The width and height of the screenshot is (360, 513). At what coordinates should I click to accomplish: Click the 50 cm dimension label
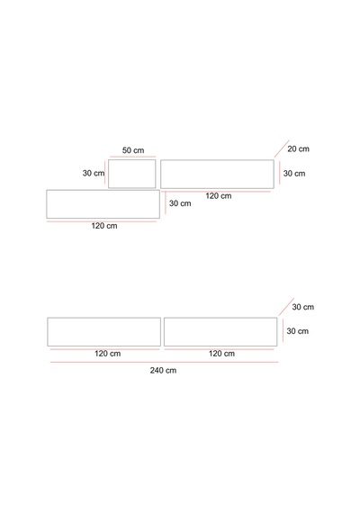(133, 150)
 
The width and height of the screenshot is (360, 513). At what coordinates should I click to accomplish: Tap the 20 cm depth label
(298, 148)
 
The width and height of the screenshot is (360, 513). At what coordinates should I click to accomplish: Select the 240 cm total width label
(163, 371)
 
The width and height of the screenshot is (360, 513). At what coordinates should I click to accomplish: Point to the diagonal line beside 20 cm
(282, 148)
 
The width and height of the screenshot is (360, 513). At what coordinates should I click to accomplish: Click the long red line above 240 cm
(165, 362)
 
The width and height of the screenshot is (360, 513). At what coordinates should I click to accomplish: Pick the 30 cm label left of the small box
(94, 173)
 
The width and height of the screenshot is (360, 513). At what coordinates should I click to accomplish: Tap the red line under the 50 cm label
(132, 157)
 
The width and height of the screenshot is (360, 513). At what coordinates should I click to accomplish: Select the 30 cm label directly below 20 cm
(294, 174)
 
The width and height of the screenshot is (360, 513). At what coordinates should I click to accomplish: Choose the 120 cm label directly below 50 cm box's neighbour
(219, 196)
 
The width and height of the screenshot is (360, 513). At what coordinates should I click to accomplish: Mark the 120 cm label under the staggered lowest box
(104, 226)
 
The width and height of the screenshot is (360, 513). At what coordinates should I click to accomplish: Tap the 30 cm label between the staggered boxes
(180, 203)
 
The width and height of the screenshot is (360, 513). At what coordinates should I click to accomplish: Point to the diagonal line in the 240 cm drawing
(286, 307)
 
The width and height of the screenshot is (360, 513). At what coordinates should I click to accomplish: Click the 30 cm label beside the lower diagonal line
(303, 307)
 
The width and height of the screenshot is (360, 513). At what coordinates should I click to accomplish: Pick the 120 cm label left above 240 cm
(108, 354)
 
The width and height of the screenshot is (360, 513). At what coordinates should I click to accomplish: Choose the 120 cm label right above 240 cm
(222, 354)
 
